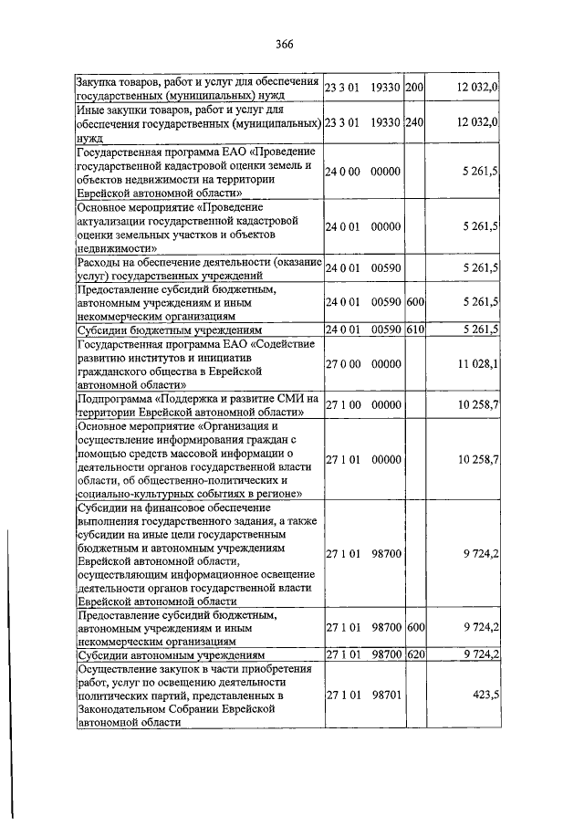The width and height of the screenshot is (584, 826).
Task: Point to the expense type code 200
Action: (414, 87)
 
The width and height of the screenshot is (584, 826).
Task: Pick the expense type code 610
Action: (414, 329)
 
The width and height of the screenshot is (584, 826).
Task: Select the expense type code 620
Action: (414, 654)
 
